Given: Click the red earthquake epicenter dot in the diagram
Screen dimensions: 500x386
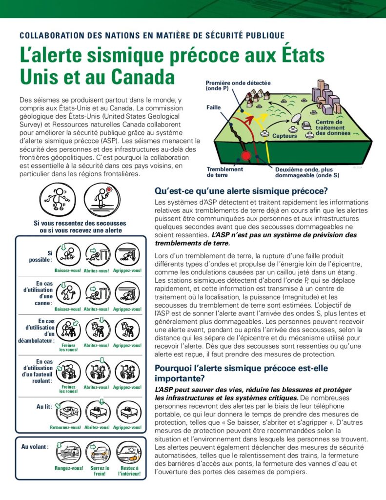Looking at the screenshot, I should point(246,156).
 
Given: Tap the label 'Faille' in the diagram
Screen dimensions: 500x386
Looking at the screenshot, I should point(214,107).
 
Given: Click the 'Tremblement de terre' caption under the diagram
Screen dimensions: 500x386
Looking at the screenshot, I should point(224,172).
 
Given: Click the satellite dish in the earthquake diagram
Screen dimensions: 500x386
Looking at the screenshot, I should point(297,118).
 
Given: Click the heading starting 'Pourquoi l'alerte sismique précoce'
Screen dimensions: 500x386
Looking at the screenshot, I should point(242,373).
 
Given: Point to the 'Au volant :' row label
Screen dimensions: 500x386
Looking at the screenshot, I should point(35,446).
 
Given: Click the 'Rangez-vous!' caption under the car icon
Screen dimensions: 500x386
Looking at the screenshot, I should point(68,469).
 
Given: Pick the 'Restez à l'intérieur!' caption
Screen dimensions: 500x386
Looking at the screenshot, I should point(129,471).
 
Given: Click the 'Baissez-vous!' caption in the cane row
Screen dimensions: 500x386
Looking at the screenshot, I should point(67,309).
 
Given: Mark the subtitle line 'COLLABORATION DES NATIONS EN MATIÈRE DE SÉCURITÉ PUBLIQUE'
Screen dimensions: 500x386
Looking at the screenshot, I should point(152,35).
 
